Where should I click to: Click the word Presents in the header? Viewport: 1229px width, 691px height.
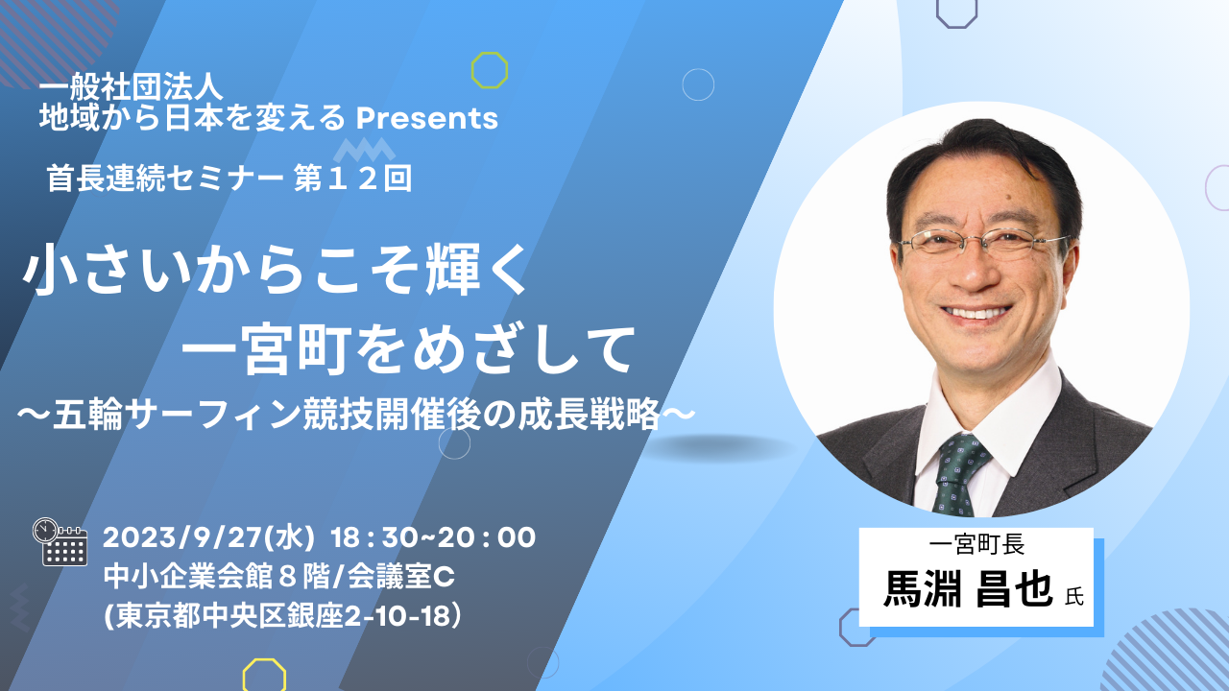[x=427, y=118]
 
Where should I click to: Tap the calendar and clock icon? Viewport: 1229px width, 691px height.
[x=60, y=541]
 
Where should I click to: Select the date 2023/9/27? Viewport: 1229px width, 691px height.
[x=181, y=537]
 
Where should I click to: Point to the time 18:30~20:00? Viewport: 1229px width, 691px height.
[x=433, y=537]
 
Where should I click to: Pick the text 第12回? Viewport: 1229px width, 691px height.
[x=352, y=179]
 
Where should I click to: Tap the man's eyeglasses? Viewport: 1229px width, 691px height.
[x=982, y=240]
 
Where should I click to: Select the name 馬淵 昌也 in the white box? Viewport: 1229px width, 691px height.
[x=968, y=590]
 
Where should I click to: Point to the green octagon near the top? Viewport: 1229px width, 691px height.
[x=490, y=70]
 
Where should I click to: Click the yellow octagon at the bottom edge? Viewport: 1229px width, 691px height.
[x=264, y=675]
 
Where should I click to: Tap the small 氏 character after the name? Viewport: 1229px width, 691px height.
[x=1073, y=597]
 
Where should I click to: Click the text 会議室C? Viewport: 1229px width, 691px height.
[x=401, y=577]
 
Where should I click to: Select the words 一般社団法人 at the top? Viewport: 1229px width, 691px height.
[x=132, y=88]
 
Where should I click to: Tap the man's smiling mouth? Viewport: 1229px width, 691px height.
[x=976, y=313]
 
